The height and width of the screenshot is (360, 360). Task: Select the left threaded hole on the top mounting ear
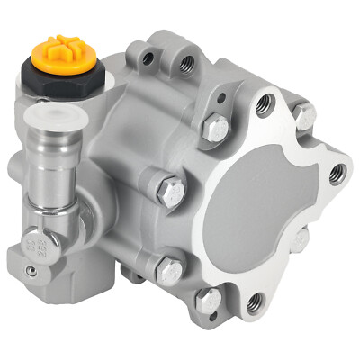[152, 57]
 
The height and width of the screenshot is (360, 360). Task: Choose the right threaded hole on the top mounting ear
[186, 63]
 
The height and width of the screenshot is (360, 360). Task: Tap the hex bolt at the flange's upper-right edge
[306, 115]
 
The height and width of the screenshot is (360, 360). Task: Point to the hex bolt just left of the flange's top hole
[215, 129]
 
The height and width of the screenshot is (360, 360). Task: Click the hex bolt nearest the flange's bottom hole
[208, 300]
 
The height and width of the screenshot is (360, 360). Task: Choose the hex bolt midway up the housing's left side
[171, 190]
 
